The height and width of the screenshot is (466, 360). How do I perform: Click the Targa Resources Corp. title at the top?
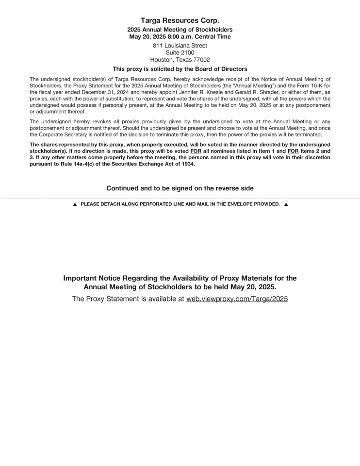click(180, 20)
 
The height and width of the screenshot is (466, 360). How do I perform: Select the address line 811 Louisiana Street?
click(180, 46)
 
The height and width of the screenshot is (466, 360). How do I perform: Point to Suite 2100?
click(180, 52)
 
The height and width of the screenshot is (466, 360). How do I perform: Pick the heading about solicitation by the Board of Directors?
click(180, 69)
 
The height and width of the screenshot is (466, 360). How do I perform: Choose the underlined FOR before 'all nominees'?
click(196, 151)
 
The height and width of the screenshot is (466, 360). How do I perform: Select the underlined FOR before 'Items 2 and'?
click(293, 151)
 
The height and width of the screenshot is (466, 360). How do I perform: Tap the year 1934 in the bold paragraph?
click(188, 164)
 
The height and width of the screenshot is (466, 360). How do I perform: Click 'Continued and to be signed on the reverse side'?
click(180, 188)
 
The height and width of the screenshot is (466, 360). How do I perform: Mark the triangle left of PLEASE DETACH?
click(75, 205)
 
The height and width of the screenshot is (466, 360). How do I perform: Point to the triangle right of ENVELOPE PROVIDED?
click(286, 205)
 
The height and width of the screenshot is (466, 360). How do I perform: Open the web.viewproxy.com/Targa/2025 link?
click(237, 299)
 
